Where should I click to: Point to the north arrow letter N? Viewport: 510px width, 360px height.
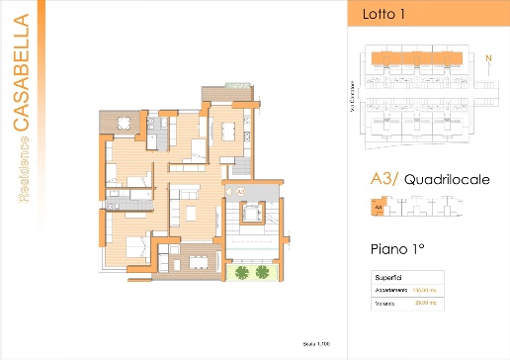(487, 56)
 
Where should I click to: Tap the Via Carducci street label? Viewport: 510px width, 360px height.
(352, 95)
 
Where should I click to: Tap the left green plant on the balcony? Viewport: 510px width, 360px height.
(241, 270)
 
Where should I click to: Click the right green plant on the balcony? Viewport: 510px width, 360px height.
(262, 270)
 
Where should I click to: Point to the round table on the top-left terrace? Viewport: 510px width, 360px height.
(124, 124)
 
